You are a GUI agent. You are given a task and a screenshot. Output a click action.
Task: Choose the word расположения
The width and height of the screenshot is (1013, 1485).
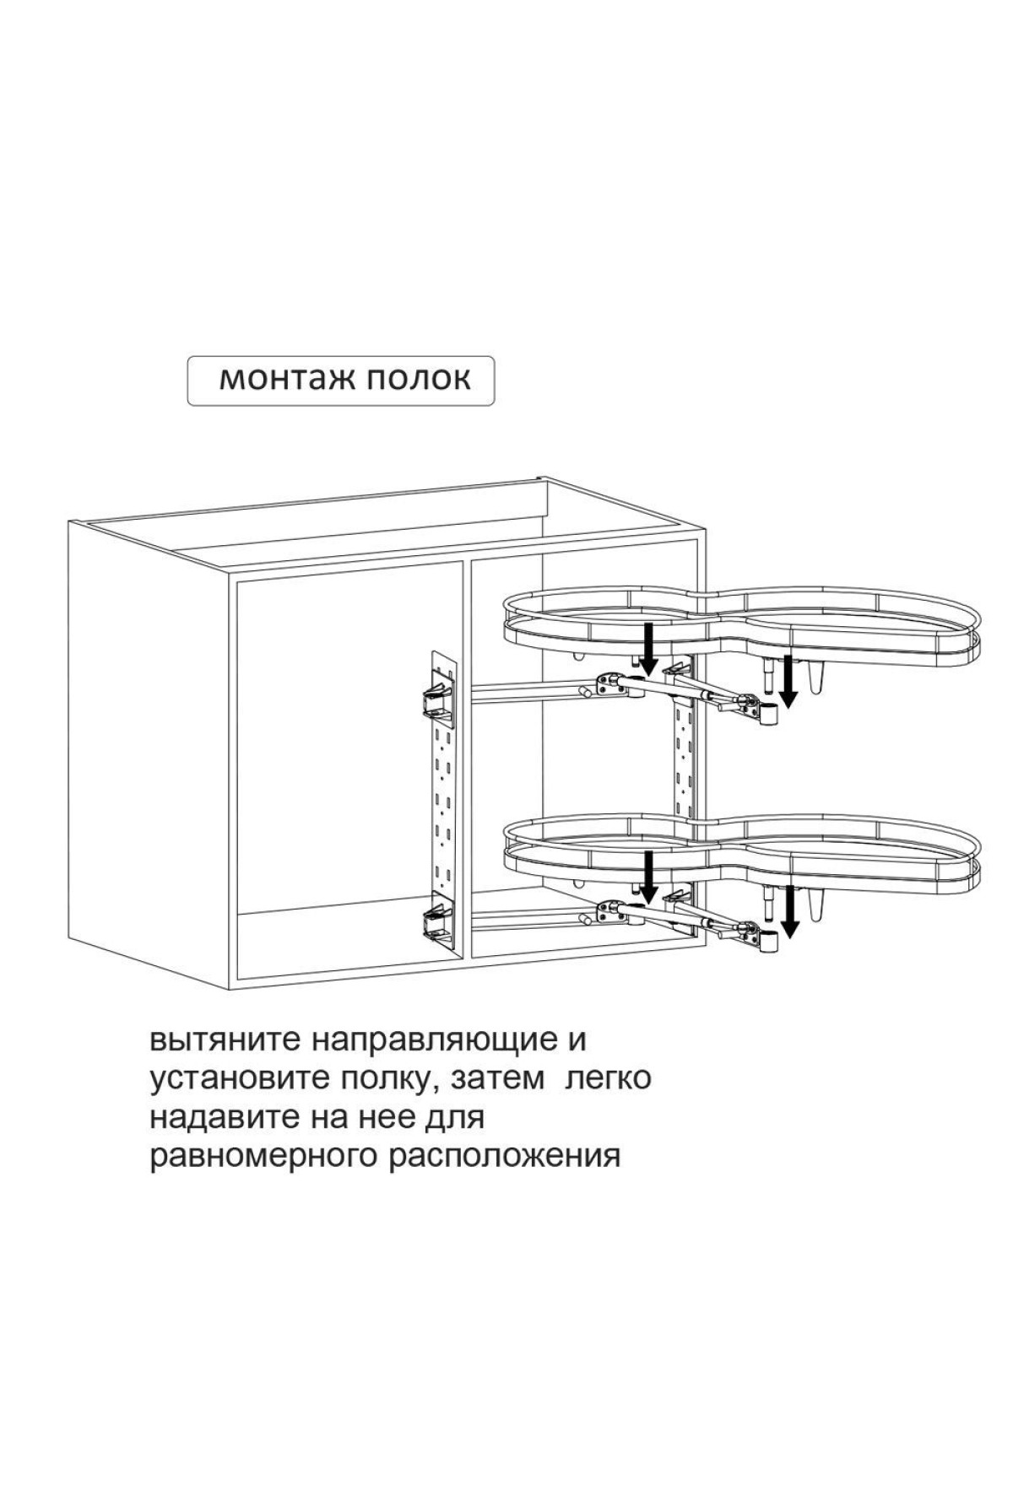(504, 1158)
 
